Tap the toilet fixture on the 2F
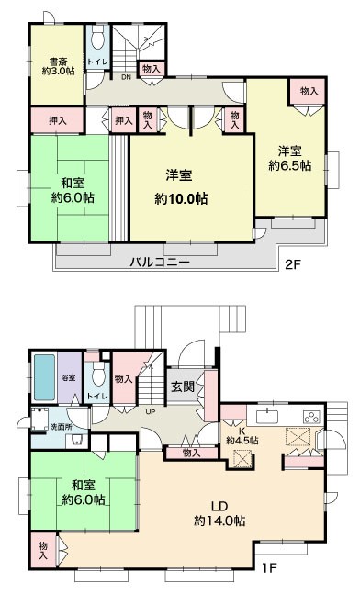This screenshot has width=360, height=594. [97, 38]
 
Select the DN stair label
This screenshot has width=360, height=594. [126, 77]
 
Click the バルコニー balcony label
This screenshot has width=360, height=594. [160, 262]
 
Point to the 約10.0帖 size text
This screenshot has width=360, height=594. [181, 199]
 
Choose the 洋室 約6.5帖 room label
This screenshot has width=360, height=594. [290, 158]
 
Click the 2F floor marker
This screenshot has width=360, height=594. [293, 264]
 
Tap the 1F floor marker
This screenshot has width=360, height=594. [269, 568]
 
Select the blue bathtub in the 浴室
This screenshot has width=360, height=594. [45, 377]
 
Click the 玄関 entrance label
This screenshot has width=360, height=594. [183, 387]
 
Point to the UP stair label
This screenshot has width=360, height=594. [151, 412]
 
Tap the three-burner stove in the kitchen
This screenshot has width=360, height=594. [312, 417]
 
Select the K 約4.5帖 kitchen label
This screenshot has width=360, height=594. [242, 436]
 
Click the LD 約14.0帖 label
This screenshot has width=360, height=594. [219, 514]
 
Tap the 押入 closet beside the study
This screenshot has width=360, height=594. [57, 120]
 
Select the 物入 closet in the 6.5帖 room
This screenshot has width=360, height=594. [309, 91]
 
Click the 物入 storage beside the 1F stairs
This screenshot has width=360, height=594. [124, 379]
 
